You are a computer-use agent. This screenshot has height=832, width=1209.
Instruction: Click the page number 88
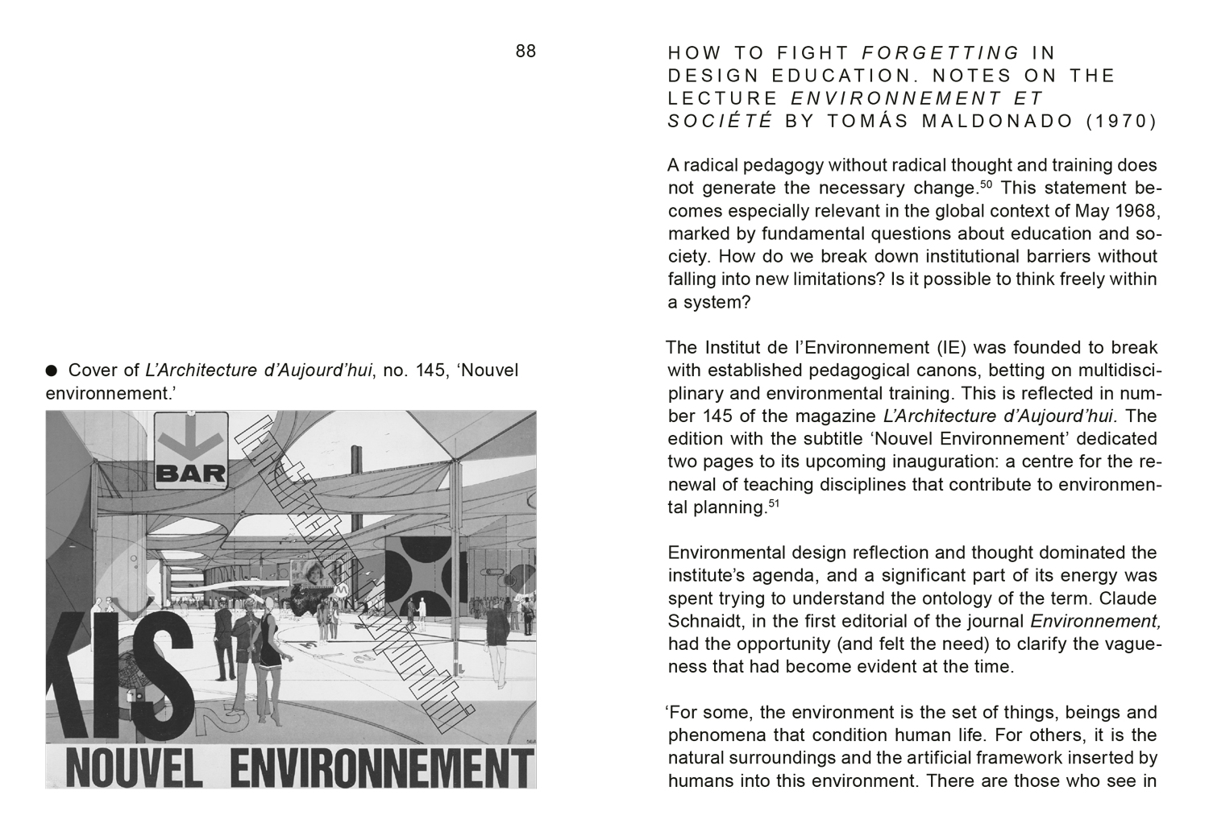(x=526, y=52)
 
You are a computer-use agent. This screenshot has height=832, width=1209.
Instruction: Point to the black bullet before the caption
(x=52, y=370)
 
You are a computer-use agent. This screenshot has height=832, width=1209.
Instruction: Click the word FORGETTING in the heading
(x=941, y=53)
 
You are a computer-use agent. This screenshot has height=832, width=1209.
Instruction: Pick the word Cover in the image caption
(x=94, y=370)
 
